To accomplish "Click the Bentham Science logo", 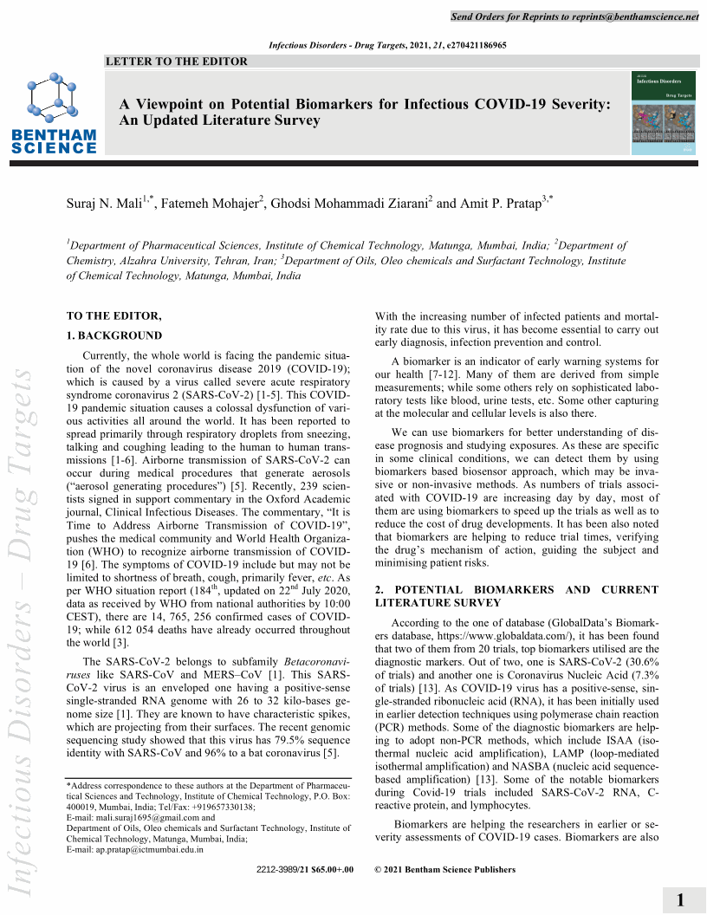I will click(54, 114).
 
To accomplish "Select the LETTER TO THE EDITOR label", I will click(176, 62).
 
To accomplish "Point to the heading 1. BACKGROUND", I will click(114, 335).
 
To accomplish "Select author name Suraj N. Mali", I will click(107, 204).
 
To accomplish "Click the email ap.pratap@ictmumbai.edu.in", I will click(147, 849).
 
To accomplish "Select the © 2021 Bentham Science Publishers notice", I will click(444, 870).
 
